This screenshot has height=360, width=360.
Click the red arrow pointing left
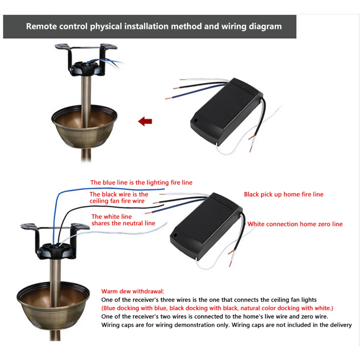point(145,121)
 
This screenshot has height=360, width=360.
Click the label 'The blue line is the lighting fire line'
point(141,183)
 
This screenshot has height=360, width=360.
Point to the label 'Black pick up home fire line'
point(283,194)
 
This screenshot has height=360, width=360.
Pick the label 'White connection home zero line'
point(295,224)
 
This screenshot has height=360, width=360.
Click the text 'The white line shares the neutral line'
point(123,220)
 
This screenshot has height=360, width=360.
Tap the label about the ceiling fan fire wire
point(118,198)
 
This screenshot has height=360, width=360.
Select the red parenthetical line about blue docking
point(217,308)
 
